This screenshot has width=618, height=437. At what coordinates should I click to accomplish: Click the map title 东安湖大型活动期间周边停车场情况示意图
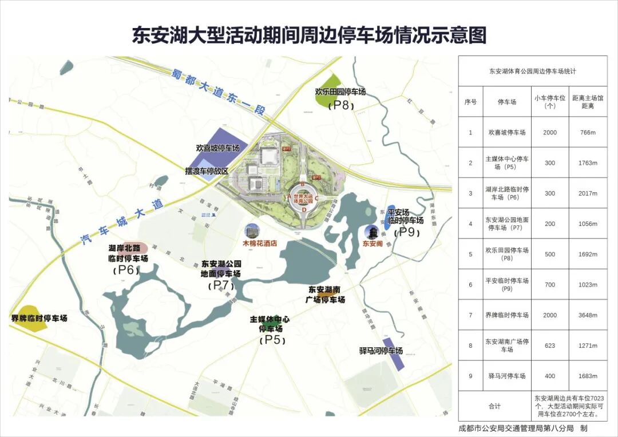(309, 35)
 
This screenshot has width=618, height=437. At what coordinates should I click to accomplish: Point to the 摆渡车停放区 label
(207, 171)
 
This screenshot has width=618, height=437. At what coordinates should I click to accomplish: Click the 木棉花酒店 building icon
(251, 231)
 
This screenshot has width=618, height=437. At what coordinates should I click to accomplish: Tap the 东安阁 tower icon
(373, 232)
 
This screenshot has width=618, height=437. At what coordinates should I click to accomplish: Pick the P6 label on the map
(127, 270)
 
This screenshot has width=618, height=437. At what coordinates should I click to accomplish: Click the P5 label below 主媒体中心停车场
(271, 340)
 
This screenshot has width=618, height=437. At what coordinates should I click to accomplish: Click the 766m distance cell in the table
(588, 132)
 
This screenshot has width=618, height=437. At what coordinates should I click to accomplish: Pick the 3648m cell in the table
(588, 315)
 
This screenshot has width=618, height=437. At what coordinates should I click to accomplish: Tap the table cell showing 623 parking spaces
(549, 345)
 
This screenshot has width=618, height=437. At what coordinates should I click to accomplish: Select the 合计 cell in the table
(494, 406)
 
